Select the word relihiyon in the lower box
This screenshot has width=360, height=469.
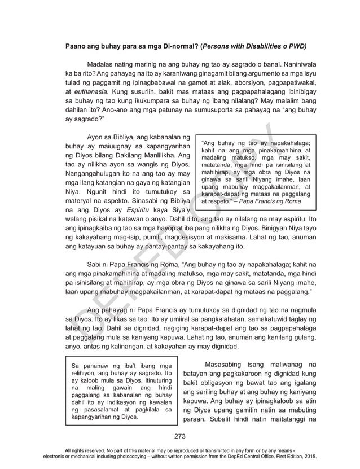click(84, 374)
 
